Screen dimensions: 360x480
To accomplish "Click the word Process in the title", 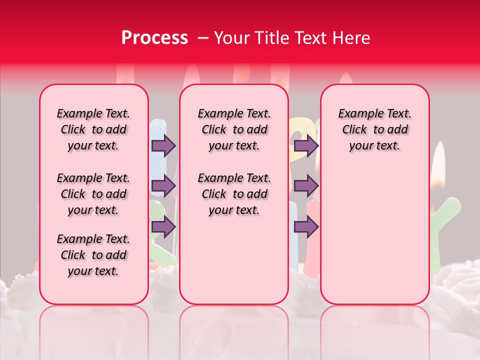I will pyautogui.click(x=154, y=38).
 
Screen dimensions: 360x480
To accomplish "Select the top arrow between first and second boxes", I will pyautogui.click(x=163, y=146).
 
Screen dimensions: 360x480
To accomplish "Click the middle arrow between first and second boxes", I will pyautogui.click(x=163, y=186).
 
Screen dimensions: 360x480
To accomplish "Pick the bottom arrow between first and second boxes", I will pyautogui.click(x=163, y=226).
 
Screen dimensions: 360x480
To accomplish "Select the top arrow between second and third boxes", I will pyautogui.click(x=306, y=146).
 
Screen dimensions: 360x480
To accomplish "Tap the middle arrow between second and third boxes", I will pyautogui.click(x=306, y=186).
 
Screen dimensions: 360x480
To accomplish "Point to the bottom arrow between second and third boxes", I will pyautogui.click(x=306, y=226).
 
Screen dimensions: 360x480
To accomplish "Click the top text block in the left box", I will pyautogui.click(x=93, y=129).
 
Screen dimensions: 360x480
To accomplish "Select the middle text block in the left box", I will pyautogui.click(x=93, y=194).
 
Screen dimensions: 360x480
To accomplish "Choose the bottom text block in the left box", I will pyautogui.click(x=93, y=255).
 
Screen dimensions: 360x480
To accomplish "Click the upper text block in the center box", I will pyautogui.click(x=234, y=129).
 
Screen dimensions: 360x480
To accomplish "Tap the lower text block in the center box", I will pyautogui.click(x=234, y=194).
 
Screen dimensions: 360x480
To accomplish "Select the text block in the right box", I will pyautogui.click(x=374, y=129).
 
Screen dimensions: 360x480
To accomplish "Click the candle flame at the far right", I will pyautogui.click(x=438, y=165).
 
